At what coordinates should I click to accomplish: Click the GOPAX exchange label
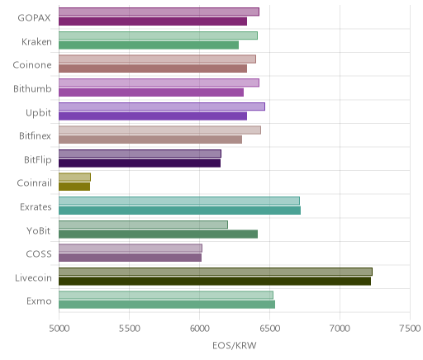point(34,18)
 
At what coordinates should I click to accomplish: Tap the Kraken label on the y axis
point(36,41)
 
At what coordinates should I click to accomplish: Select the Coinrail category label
point(35,183)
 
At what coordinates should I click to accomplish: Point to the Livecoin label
point(33,277)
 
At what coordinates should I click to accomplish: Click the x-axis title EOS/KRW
point(235,345)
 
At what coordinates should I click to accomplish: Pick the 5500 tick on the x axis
point(129,329)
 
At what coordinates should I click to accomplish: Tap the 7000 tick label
point(340,329)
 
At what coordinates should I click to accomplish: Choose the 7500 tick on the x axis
point(410,329)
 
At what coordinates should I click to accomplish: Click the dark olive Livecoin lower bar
point(215,282)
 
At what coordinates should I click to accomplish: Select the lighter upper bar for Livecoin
point(216,272)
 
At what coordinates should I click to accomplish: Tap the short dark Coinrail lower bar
point(74,187)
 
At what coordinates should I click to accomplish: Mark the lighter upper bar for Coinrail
point(74,178)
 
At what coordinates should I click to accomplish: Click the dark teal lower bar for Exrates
point(179,211)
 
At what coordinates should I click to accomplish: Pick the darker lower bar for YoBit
point(158,234)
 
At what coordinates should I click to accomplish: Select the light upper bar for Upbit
point(162,107)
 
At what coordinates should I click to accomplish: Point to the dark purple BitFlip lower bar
point(140,163)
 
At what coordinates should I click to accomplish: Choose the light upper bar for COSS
point(131,248)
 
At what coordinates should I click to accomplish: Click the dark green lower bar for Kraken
point(149,45)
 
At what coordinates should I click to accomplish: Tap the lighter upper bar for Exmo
point(166,295)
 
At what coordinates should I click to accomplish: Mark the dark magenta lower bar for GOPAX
point(153,21)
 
